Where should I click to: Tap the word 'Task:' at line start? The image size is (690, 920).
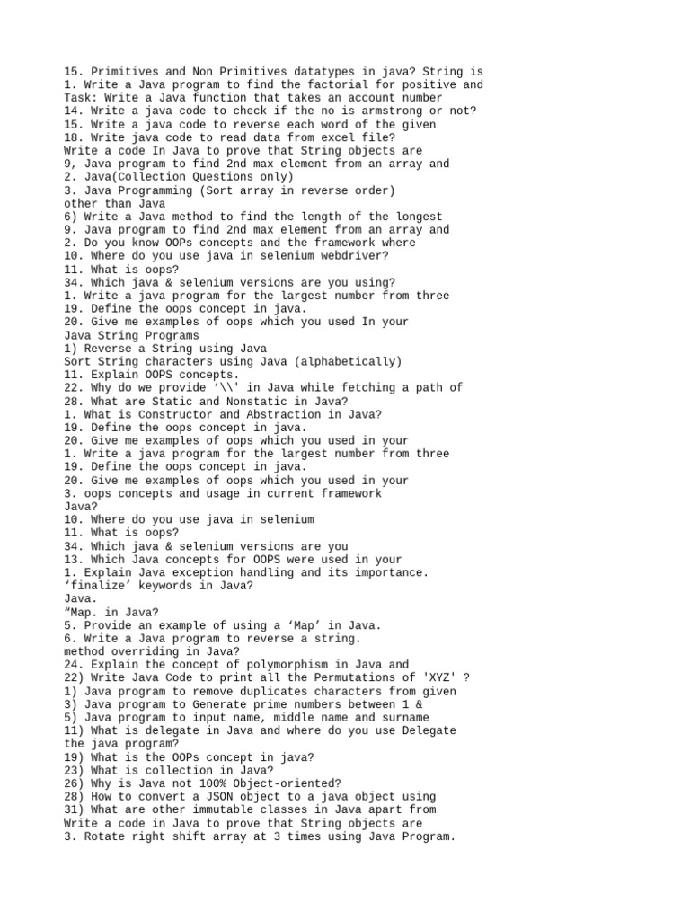[x=81, y=98]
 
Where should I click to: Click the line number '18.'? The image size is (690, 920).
[x=75, y=137]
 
